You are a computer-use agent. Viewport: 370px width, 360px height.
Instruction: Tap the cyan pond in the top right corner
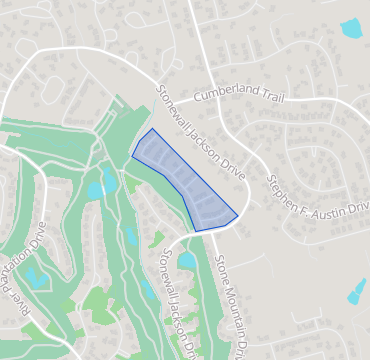click(x=351, y=28)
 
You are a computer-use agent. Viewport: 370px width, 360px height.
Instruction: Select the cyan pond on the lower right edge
click(x=356, y=291)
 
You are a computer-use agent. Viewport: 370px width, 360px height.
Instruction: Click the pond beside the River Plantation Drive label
click(x=35, y=277)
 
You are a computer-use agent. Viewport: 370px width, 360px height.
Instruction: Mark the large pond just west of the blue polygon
click(x=100, y=187)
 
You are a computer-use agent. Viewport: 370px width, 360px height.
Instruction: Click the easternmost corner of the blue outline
click(x=238, y=214)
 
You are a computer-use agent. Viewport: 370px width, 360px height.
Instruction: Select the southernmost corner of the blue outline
click(x=197, y=231)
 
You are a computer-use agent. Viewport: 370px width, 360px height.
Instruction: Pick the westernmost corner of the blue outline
click(x=133, y=155)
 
